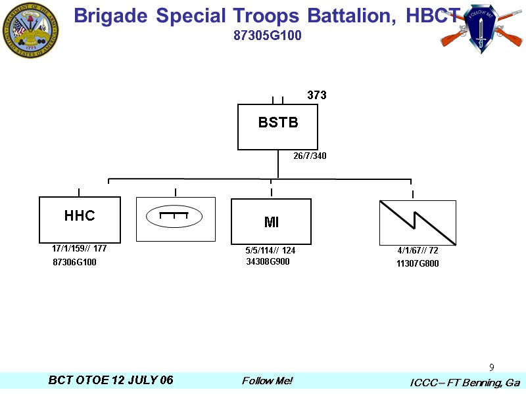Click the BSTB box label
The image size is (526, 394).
277,122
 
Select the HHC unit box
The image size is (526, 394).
80,219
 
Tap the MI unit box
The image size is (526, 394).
271,222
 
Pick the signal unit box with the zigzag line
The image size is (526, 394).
418,223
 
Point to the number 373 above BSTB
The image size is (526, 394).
317,96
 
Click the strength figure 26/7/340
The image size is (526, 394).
310,156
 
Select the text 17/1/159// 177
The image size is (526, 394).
79,249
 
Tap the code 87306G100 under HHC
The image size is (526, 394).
74,263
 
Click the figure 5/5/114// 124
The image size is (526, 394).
270,251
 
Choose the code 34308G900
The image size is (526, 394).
268,262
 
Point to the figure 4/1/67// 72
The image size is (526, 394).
418,251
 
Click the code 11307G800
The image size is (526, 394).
417,264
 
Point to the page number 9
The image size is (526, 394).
492,366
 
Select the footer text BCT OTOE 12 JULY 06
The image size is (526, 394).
111,381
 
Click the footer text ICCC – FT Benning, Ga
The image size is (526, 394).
465,382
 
